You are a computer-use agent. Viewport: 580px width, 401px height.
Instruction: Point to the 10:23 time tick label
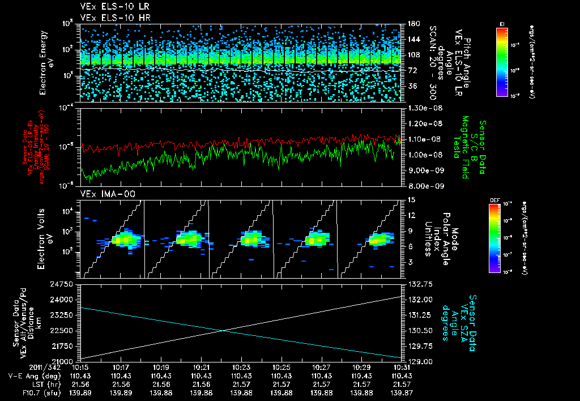pyautogui.click(x=242, y=368)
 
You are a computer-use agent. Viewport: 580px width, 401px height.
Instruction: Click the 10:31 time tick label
pyautogui.click(x=402, y=368)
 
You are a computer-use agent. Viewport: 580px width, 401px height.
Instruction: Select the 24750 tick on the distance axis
pyautogui.click(x=67, y=283)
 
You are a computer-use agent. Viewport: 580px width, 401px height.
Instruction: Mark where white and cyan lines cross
pyautogui.click(x=224, y=331)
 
